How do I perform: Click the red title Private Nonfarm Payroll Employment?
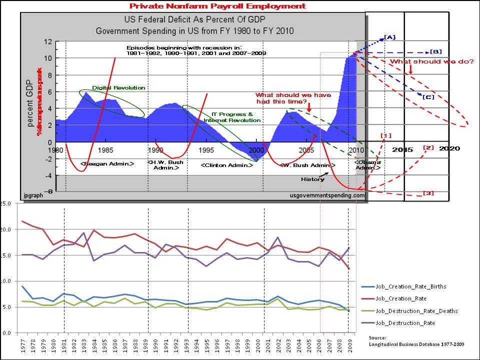(x=217, y=6)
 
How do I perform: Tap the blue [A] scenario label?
(x=390, y=37)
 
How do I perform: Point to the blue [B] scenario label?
(x=436, y=51)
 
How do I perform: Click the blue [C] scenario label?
(x=428, y=96)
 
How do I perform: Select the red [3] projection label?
(x=428, y=193)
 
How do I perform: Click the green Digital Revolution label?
(x=118, y=88)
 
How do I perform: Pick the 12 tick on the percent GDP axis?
(x=48, y=42)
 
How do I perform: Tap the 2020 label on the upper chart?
(x=449, y=148)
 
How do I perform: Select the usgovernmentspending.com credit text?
(x=327, y=196)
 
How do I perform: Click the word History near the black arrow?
(x=313, y=179)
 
